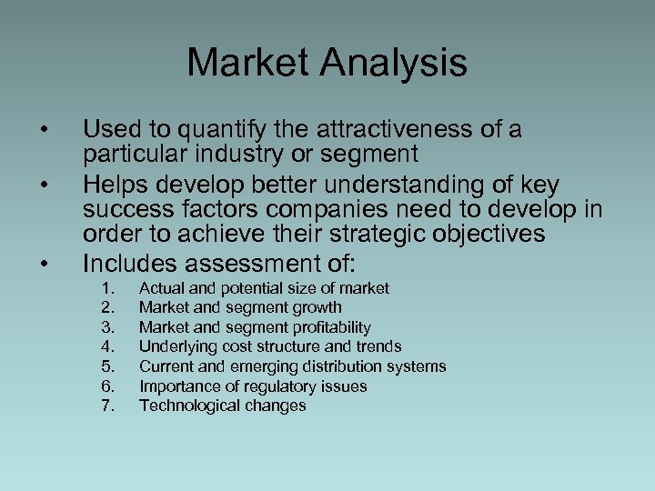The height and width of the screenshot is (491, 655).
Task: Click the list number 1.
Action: tap(107, 288)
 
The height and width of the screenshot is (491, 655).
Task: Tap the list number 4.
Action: tap(107, 346)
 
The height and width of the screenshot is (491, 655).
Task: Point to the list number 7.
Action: tap(107, 406)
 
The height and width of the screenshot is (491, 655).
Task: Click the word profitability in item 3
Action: tap(330, 327)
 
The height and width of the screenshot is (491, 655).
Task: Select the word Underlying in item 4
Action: tap(176, 346)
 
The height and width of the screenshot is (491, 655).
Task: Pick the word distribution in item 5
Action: tap(345, 366)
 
